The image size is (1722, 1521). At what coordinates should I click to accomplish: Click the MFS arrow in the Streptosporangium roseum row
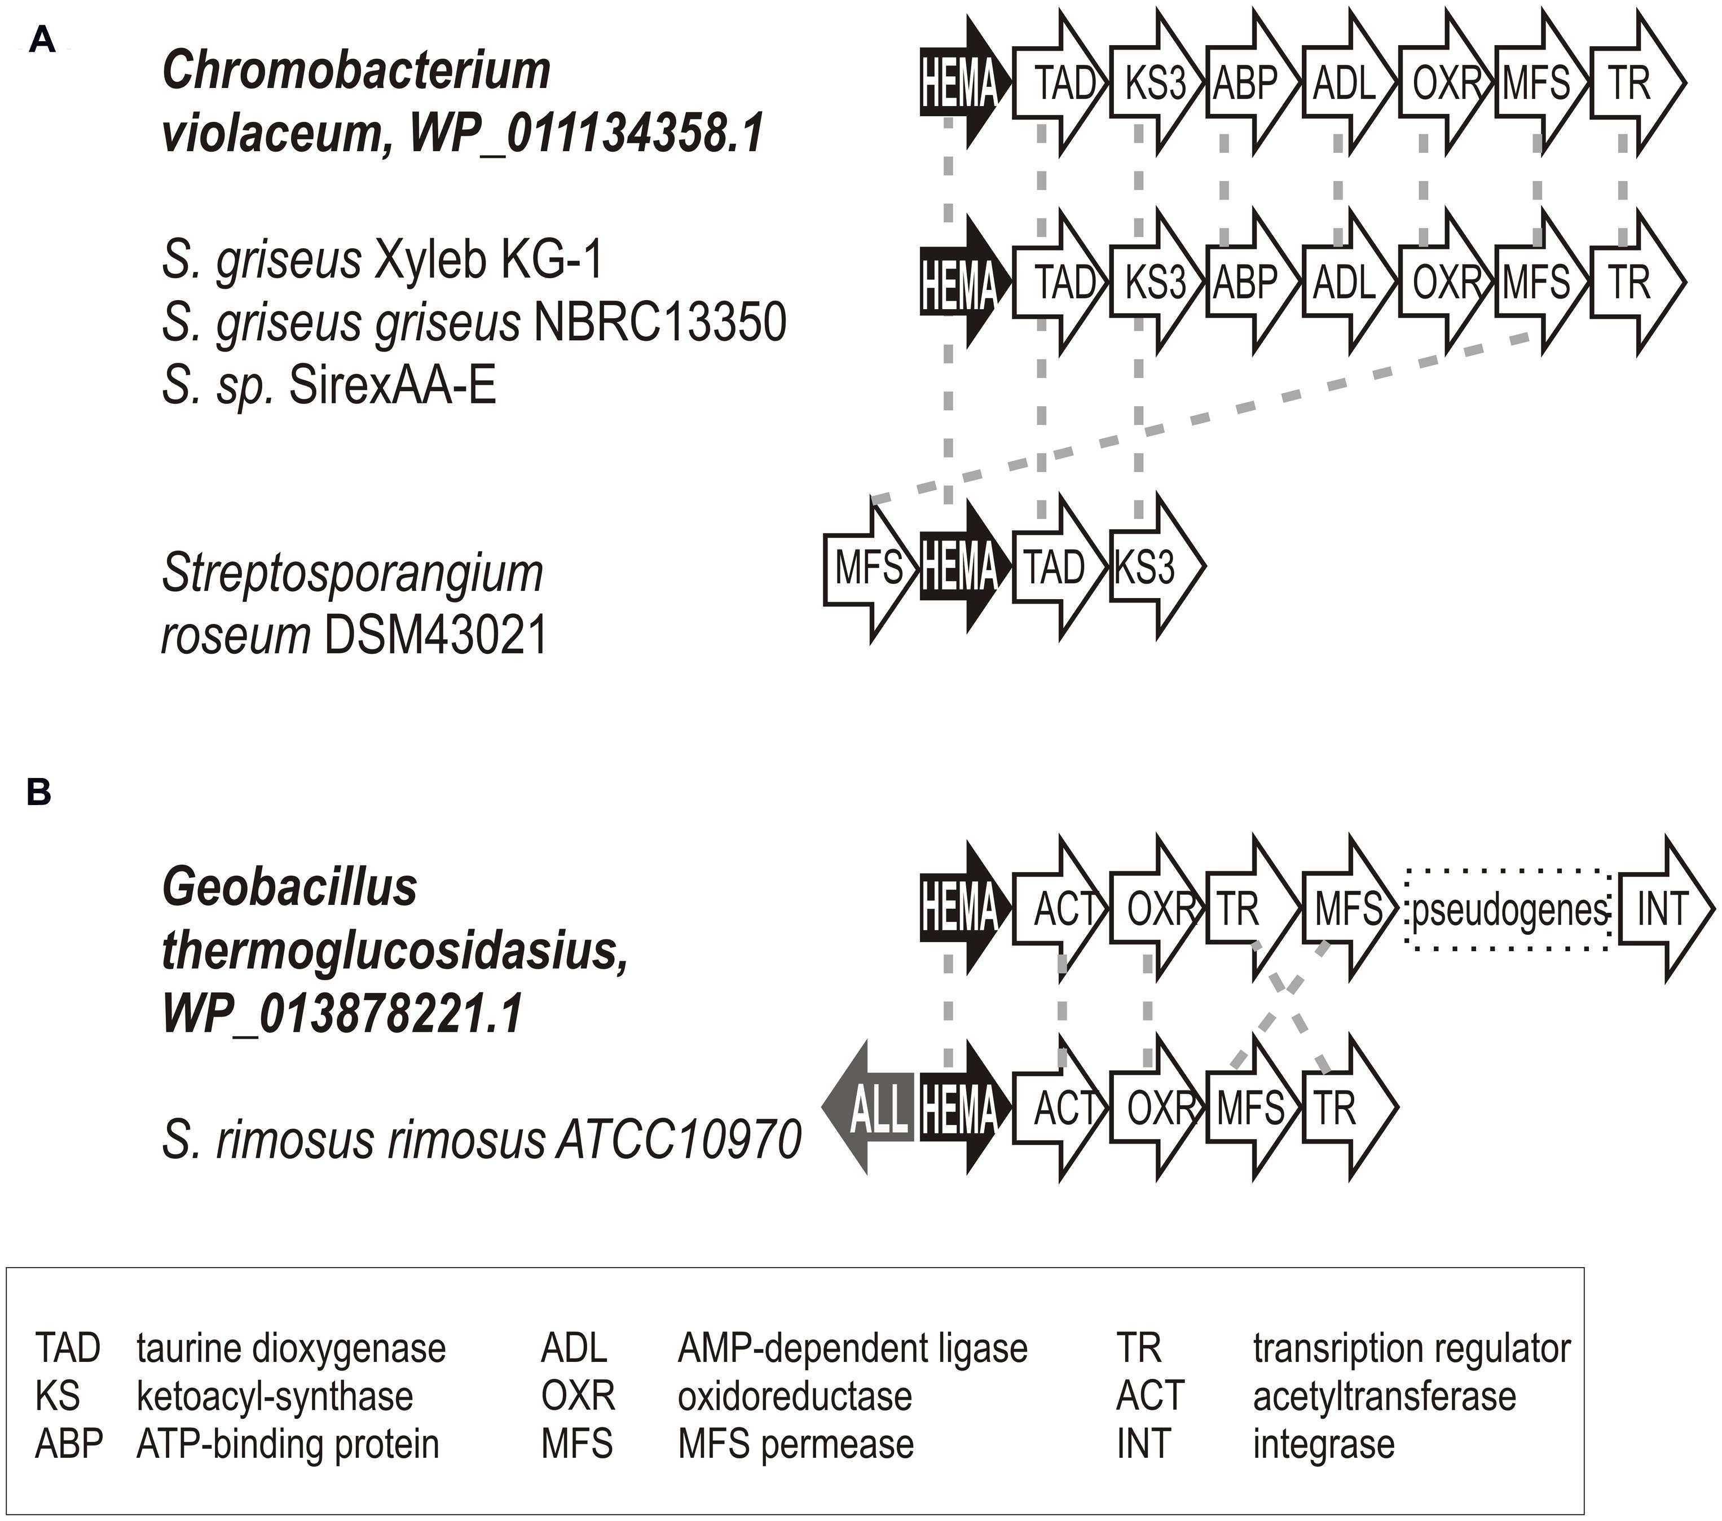click(867, 569)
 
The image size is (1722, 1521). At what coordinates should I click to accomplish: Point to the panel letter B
click(39, 793)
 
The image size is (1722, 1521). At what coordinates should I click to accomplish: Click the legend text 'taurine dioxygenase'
click(290, 1348)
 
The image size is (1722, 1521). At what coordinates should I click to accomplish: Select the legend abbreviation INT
click(1143, 1444)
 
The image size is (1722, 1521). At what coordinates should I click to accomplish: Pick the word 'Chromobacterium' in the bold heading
click(355, 71)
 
